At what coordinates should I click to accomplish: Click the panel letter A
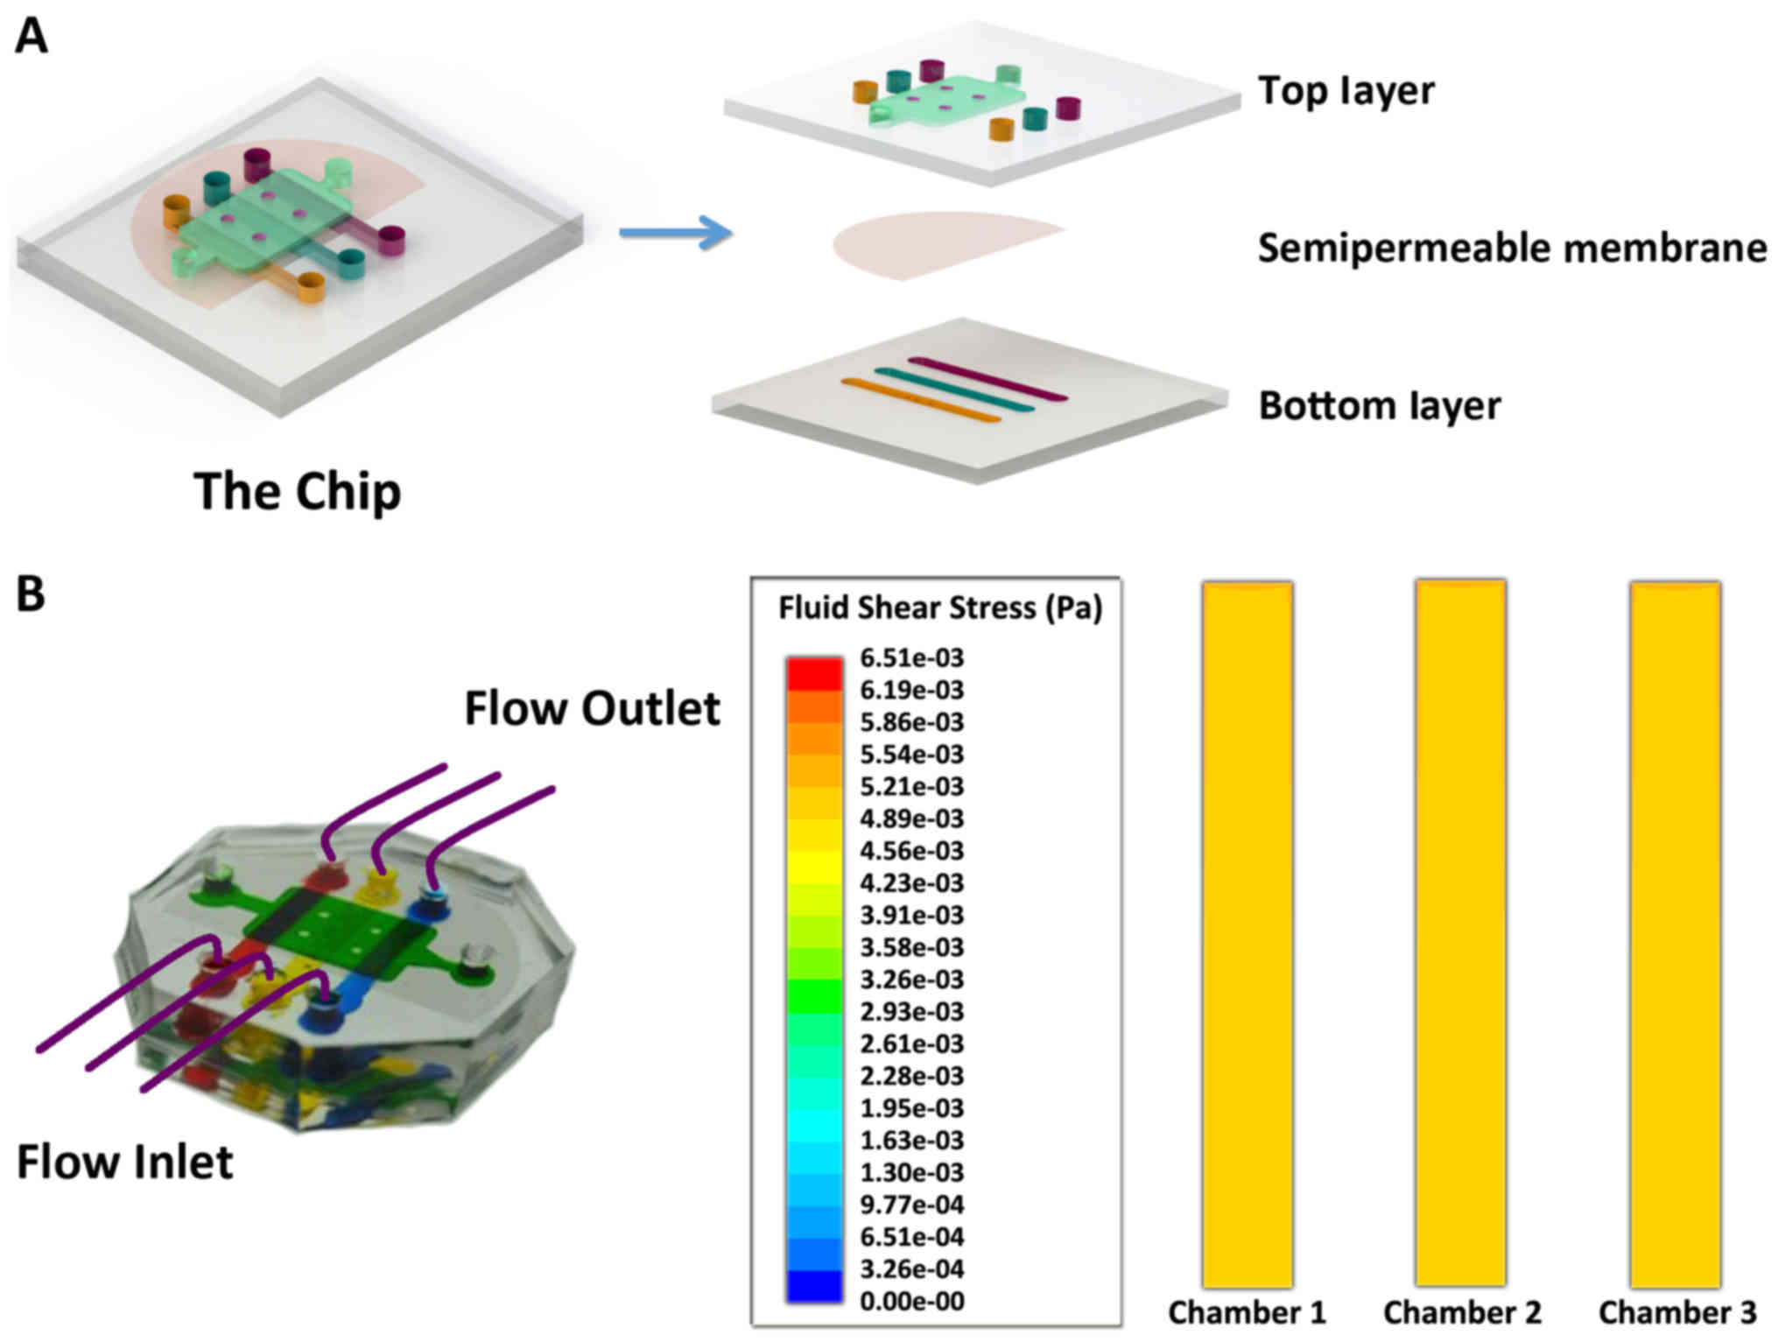32,38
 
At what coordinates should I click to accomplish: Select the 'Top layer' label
1346,91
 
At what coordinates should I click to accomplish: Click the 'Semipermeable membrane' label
1512,249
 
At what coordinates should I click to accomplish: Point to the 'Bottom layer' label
1380,406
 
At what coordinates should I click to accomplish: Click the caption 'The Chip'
298,491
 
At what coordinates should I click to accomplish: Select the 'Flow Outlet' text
592,708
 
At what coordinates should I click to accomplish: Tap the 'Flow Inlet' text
125,1163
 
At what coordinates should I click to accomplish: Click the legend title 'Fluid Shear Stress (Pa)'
940,608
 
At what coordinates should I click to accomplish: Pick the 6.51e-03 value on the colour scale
911,657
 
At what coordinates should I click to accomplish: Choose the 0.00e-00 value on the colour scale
911,1301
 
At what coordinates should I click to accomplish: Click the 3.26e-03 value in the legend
911,979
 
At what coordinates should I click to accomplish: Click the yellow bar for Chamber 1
1247,933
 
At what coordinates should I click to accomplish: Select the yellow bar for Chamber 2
1461,933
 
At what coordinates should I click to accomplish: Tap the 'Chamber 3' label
1676,1312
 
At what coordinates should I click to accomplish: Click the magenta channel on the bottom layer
987,378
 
